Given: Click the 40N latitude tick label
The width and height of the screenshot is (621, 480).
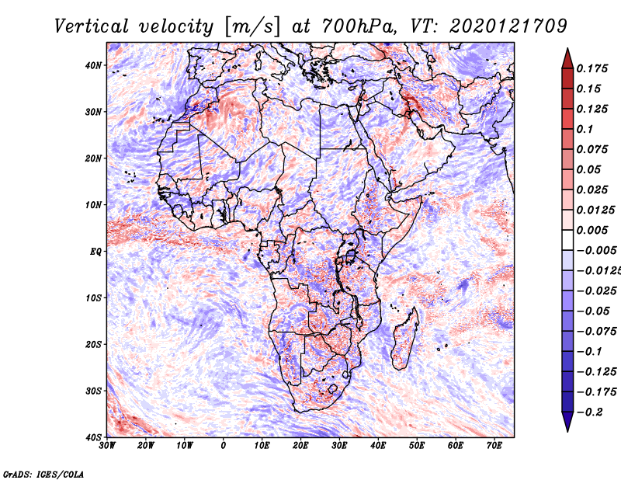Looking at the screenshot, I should pyautogui.click(x=93, y=65).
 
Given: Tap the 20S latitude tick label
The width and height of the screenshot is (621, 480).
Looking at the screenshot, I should pyautogui.click(x=93, y=344).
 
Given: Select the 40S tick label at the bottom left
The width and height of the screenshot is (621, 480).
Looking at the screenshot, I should pyautogui.click(x=93, y=437).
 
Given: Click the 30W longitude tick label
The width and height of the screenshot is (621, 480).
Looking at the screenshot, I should pyautogui.click(x=107, y=446).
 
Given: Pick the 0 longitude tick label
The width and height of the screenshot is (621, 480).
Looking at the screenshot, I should pyautogui.click(x=224, y=446).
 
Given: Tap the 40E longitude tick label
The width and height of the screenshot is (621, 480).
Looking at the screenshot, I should pyautogui.click(x=378, y=446).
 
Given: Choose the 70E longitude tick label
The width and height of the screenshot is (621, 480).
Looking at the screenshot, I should pyautogui.click(x=494, y=446).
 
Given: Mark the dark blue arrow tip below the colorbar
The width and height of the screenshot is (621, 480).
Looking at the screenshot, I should pyautogui.click(x=567, y=424).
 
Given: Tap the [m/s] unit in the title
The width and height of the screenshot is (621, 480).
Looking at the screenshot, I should pyautogui.click(x=252, y=26).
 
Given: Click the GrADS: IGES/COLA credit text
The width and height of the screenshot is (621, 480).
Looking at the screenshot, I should pyautogui.click(x=43, y=473).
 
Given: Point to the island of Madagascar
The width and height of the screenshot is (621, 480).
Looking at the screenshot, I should pyautogui.click(x=405, y=338).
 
